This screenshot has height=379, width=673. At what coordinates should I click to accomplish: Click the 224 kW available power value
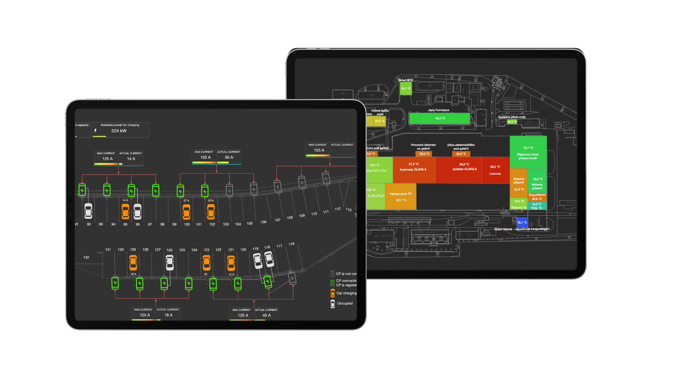click(x=119, y=131)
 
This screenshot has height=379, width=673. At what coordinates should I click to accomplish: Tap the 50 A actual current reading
click(x=229, y=158)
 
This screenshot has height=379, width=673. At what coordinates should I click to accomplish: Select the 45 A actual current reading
click(x=266, y=315)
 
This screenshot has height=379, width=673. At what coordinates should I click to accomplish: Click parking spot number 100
click(x=187, y=225)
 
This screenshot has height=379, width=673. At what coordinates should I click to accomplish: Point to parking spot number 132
click(x=86, y=258)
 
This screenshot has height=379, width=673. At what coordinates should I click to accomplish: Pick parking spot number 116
click(x=291, y=244)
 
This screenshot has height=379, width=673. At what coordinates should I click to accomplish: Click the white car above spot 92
click(x=88, y=211)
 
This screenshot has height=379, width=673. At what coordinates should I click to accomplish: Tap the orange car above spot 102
click(x=211, y=212)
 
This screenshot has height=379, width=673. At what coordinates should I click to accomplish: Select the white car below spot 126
click(x=170, y=262)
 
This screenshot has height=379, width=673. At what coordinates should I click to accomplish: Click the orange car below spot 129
click(x=133, y=262)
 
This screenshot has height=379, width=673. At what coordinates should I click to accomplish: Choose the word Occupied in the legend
click(x=345, y=304)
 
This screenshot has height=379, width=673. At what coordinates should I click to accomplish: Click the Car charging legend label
click(x=346, y=293)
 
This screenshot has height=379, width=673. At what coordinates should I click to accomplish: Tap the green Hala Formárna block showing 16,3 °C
click(x=440, y=119)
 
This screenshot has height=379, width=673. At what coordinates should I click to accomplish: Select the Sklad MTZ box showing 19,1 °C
click(x=406, y=88)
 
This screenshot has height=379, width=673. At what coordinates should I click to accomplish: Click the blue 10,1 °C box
click(x=522, y=222)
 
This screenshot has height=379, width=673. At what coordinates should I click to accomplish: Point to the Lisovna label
click(x=495, y=174)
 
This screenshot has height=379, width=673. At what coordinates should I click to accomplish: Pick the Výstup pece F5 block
click(x=401, y=197)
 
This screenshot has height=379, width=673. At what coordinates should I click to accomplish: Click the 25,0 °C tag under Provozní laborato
click(x=424, y=154)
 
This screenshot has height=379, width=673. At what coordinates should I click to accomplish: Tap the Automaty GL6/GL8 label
click(x=413, y=169)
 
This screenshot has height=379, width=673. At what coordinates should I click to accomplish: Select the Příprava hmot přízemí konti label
click(x=528, y=156)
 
